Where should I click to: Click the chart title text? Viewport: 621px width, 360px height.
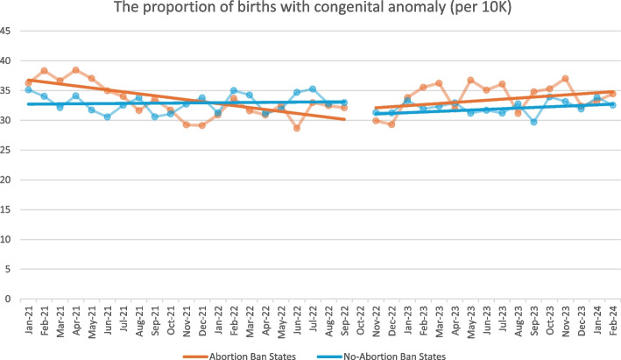[x=310, y=10]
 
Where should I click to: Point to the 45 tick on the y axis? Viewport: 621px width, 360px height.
[x=9, y=32]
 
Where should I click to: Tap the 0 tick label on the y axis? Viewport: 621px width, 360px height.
[x=11, y=299]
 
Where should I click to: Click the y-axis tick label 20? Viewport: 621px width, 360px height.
[x=9, y=180]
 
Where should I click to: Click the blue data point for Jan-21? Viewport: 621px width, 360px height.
[x=29, y=89]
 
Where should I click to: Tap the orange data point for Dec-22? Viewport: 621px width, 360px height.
[x=392, y=124]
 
